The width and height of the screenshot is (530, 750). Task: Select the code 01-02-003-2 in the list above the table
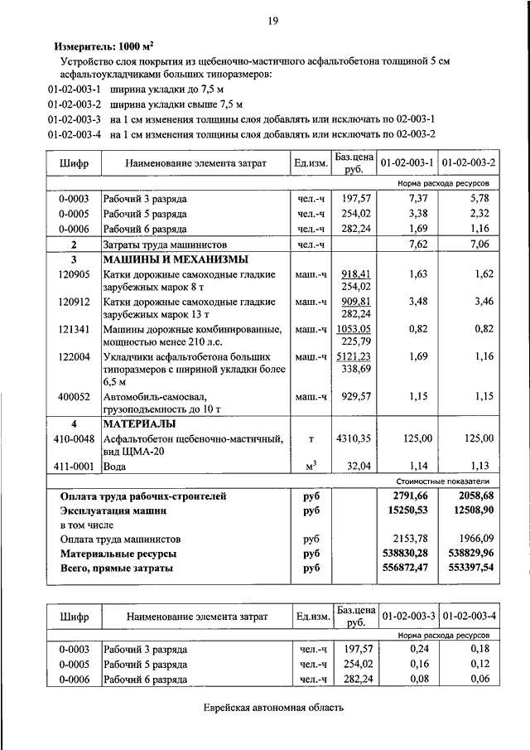(75, 104)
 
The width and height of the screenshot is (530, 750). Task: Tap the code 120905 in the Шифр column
(74, 273)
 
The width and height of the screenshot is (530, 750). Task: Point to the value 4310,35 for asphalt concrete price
(354, 438)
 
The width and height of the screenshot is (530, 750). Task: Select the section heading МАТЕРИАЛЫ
(137, 424)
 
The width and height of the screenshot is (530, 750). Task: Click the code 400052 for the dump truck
(74, 396)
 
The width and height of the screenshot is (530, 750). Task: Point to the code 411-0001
(74, 466)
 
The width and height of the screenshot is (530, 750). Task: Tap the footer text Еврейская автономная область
(272, 707)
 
